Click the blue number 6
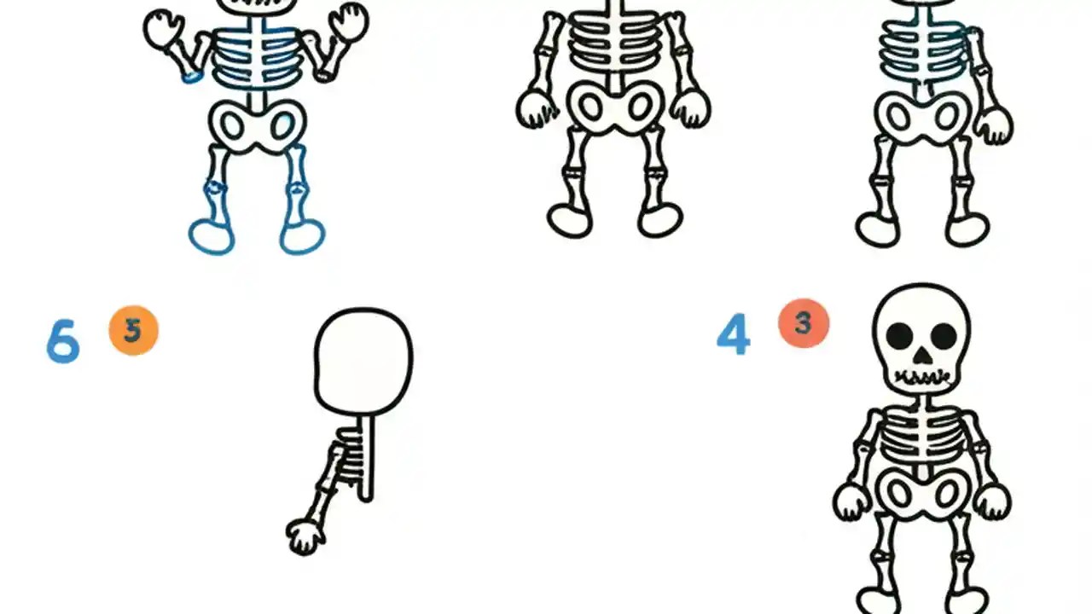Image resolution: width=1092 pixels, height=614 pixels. (x=62, y=342)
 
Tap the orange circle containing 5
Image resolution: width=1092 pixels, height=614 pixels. (x=134, y=331)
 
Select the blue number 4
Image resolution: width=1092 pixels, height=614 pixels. (x=733, y=334)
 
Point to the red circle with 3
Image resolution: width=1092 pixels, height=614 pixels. (x=803, y=323)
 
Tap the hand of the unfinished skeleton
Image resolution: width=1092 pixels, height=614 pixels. (x=305, y=536)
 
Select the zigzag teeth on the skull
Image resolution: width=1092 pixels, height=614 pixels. (x=921, y=376)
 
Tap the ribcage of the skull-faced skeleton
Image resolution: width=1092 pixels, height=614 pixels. (x=921, y=439)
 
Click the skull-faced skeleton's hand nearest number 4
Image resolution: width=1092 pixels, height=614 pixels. (x=851, y=501)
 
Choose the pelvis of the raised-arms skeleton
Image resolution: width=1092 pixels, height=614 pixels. (x=258, y=126)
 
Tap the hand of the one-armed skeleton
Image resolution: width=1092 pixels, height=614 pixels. (x=993, y=125)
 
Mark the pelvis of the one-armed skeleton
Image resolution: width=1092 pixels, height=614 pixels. (x=922, y=117)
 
